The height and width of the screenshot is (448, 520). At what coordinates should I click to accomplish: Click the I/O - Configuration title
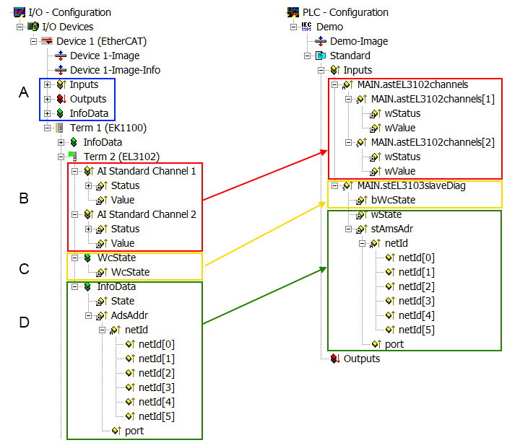coord(69,12)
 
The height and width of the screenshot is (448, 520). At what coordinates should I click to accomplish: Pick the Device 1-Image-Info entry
coord(115,70)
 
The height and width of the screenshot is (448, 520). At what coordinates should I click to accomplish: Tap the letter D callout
coord(24,322)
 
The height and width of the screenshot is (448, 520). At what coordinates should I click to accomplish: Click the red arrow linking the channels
coord(264,175)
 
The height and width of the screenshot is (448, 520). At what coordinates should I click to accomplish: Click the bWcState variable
coord(393,200)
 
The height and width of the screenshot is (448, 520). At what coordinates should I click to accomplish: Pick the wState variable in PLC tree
coord(386,214)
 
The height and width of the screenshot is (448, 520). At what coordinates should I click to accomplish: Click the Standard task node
coord(350,56)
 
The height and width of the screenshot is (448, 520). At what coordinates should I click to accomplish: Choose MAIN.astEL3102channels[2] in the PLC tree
coord(432,142)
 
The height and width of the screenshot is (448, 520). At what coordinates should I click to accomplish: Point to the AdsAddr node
coord(131,315)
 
